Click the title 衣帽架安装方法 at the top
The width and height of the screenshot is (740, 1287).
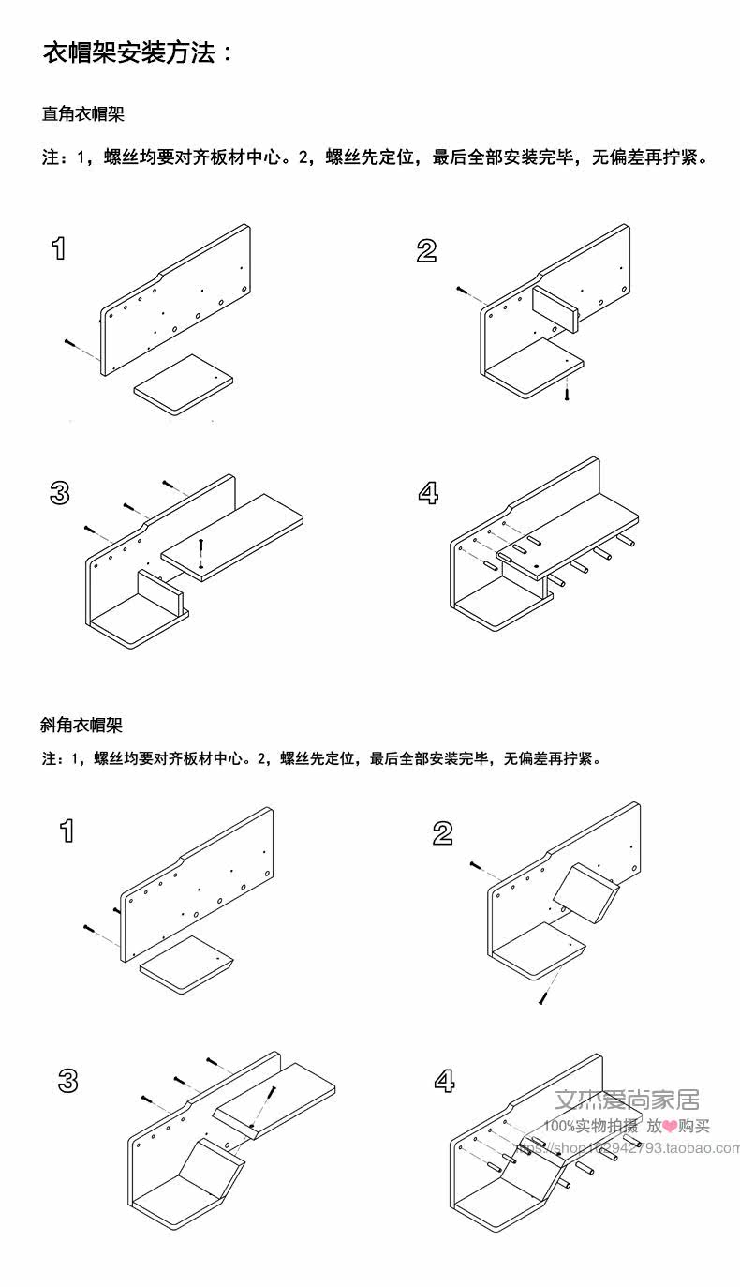pyautogui.click(x=137, y=53)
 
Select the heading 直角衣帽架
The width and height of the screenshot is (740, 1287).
pyautogui.click(x=83, y=114)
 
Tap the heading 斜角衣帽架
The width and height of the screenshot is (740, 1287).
pyautogui.click(x=81, y=725)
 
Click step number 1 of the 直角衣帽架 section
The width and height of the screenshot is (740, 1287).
pyautogui.click(x=59, y=248)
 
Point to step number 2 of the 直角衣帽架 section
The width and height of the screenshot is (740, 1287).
pyautogui.click(x=426, y=250)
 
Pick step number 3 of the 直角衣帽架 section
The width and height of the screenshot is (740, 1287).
pyautogui.click(x=59, y=493)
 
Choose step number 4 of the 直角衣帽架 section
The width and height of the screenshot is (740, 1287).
pyautogui.click(x=428, y=493)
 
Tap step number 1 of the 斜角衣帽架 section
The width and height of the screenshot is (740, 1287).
pyautogui.click(x=67, y=831)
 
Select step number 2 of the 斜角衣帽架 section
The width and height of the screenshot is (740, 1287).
pyautogui.click(x=443, y=832)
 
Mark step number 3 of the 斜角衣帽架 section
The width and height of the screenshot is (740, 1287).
pyautogui.click(x=67, y=1080)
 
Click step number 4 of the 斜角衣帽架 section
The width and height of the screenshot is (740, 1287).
pyautogui.click(x=444, y=1081)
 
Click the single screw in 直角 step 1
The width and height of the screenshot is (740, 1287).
pyautogui.click(x=70, y=343)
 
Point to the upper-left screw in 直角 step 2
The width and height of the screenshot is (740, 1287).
pyautogui.click(x=462, y=291)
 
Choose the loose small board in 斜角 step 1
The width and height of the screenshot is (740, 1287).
pyautogui.click(x=185, y=963)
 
